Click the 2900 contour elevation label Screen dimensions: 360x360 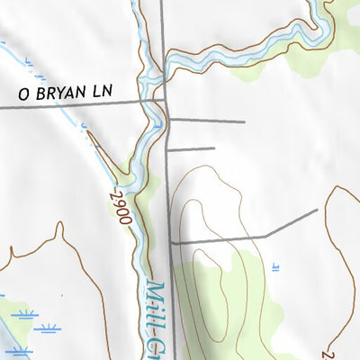(118, 206)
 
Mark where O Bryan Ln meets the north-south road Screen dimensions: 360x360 (164, 103)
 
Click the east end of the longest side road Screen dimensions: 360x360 (318, 210)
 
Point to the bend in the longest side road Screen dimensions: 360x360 (267, 235)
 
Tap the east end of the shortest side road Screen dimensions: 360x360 (215, 148)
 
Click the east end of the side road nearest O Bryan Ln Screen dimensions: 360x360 (245, 121)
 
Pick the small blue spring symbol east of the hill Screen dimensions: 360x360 (274, 266)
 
